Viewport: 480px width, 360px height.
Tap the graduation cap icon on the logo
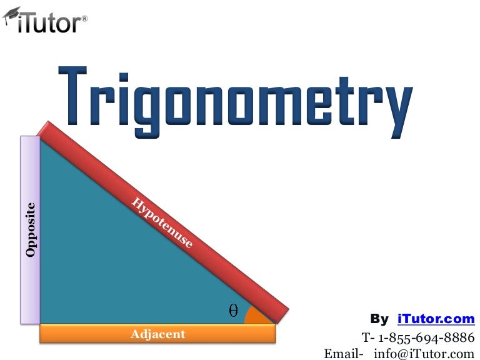pos(11,18)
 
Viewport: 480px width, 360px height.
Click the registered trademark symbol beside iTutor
pos(84,19)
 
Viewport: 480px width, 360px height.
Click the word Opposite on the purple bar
pos(30,229)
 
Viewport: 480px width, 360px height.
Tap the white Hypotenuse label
pos(162,222)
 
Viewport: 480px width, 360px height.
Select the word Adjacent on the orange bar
pos(157,334)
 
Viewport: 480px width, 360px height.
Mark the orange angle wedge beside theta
pos(256,316)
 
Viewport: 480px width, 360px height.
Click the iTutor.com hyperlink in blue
pos(436,319)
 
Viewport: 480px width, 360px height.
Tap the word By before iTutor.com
pos(379,319)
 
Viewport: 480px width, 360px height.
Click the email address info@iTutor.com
pos(424,353)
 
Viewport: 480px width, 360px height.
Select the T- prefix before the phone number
pos(368,337)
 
